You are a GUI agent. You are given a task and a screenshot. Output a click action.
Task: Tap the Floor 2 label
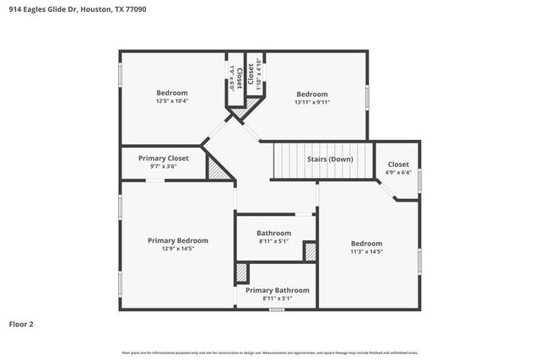click(21, 323)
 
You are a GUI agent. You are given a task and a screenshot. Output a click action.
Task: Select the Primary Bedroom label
click(177, 240)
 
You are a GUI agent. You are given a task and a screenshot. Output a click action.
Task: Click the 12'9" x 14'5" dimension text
click(177, 250)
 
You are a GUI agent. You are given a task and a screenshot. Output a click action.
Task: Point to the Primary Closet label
click(164, 158)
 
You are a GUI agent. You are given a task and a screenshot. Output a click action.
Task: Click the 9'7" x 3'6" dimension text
click(164, 166)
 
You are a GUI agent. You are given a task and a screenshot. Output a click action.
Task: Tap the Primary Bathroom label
click(277, 290)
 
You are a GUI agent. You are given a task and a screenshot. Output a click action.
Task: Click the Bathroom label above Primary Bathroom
click(273, 233)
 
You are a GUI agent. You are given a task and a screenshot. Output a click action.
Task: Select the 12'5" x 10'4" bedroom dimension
click(171, 101)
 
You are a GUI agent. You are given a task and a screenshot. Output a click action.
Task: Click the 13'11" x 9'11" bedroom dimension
click(311, 102)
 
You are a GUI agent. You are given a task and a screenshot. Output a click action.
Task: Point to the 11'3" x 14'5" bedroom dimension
click(366, 251)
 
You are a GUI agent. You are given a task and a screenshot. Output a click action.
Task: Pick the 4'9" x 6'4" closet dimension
click(397, 173)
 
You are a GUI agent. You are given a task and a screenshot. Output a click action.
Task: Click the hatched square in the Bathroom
click(310, 251)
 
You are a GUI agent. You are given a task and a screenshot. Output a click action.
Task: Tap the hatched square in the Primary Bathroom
click(242, 273)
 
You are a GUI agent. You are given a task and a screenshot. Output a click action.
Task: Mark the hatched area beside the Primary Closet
click(219, 169)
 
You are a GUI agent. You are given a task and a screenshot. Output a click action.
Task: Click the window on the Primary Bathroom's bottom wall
click(276, 309)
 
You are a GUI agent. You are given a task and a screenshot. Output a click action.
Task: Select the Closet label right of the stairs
click(397, 164)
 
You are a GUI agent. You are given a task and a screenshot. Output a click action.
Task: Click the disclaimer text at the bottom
click(269, 352)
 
